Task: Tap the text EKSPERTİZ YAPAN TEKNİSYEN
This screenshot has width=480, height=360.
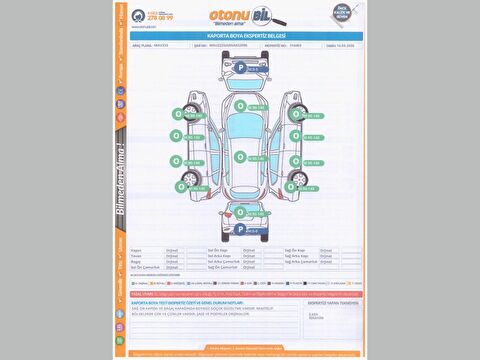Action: [x=329, y=300]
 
